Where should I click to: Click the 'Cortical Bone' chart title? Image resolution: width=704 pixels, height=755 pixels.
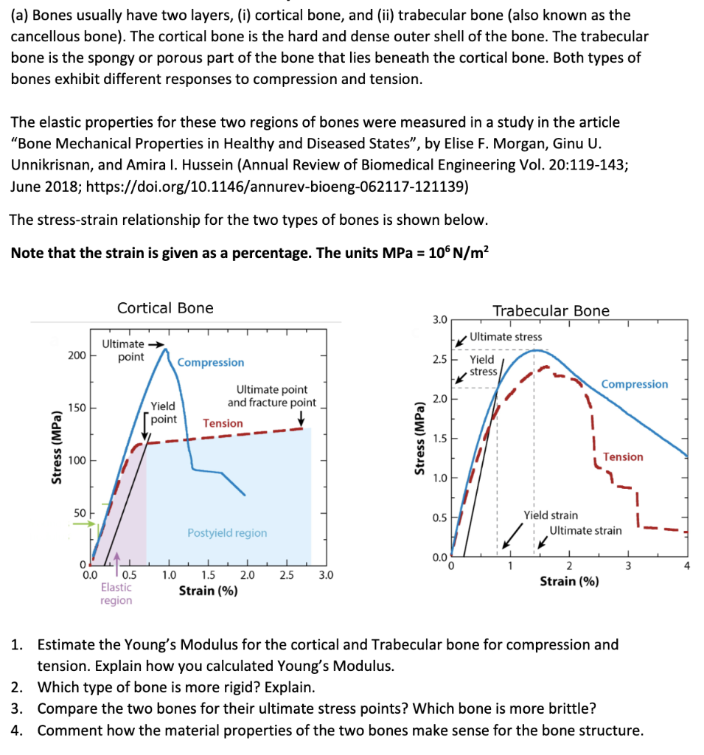click(165, 308)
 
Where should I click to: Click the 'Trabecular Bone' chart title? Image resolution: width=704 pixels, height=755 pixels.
click(551, 310)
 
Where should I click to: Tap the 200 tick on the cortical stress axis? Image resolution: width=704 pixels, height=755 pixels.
click(77, 355)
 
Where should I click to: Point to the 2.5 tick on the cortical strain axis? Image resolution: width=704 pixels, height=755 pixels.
click(286, 575)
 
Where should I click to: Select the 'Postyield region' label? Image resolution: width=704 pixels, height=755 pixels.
click(227, 532)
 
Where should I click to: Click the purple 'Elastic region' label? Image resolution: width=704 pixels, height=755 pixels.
click(116, 594)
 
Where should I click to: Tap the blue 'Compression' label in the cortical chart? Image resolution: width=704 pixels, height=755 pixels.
click(211, 362)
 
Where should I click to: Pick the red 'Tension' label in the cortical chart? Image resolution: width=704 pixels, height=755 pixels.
click(223, 423)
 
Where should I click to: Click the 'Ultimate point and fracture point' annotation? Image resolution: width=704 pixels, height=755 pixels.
click(271, 396)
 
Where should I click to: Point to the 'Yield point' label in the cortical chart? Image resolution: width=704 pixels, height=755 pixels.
click(163, 412)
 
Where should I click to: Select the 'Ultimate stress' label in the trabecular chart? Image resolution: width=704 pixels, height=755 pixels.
click(505, 336)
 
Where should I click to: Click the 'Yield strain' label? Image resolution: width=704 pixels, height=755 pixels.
click(551, 515)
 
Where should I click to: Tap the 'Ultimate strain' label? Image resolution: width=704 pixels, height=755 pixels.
click(585, 530)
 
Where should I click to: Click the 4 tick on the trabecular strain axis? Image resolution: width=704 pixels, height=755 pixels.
click(686, 566)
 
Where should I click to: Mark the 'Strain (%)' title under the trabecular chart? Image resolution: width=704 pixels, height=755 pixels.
click(569, 581)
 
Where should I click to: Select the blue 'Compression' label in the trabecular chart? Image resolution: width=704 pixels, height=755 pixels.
click(635, 384)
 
